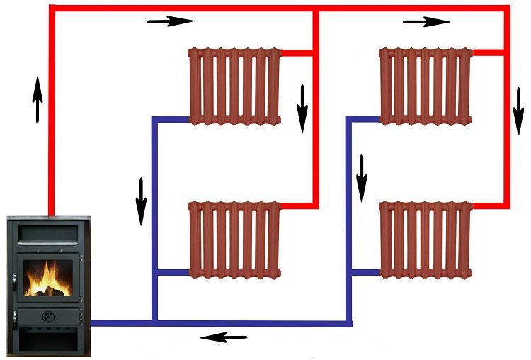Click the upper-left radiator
click(234, 85)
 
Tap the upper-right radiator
click(426, 85)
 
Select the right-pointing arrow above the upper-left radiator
click(170, 21)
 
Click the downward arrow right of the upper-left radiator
click(302, 108)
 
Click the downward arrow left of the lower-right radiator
click(362, 177)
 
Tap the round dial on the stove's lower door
click(48, 315)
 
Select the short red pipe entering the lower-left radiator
click(297, 206)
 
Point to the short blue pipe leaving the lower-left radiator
click(172, 272)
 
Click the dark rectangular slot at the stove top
click(48, 232)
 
